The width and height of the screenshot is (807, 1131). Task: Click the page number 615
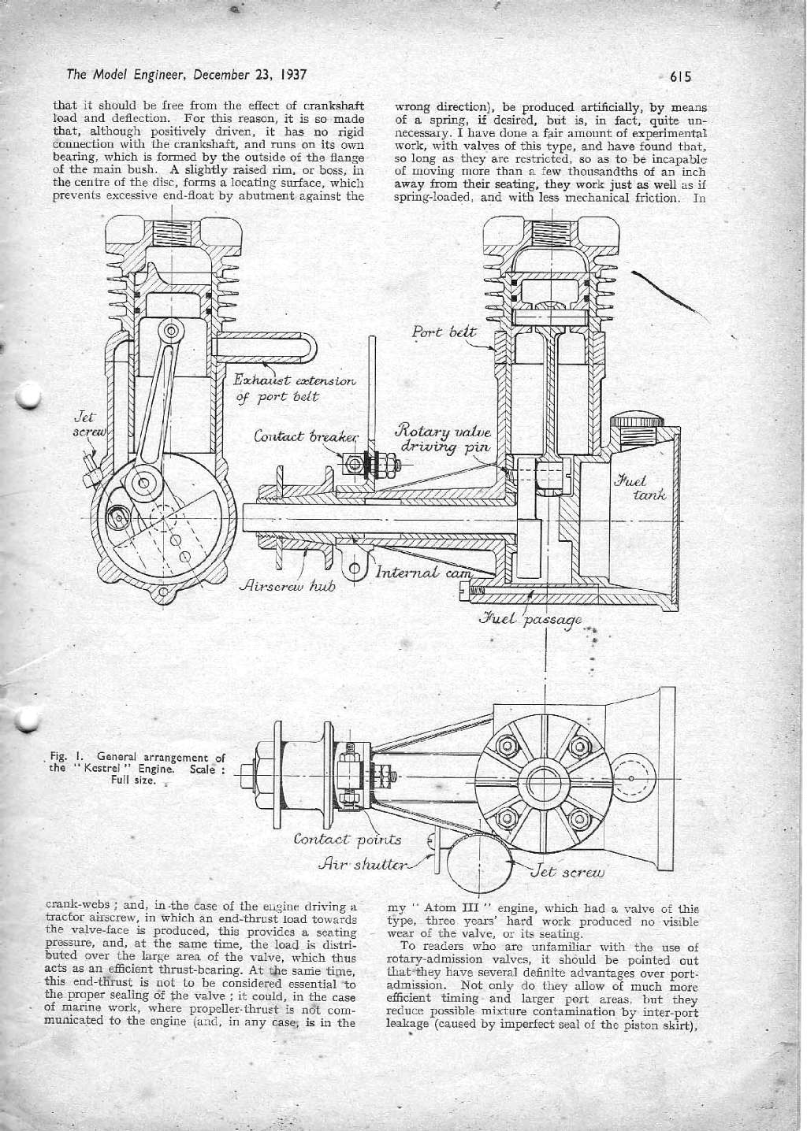coord(679,77)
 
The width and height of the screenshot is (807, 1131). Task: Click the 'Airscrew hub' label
coord(287,586)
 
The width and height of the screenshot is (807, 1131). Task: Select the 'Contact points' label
coord(347,840)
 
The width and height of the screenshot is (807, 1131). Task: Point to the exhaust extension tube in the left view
coord(268,346)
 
